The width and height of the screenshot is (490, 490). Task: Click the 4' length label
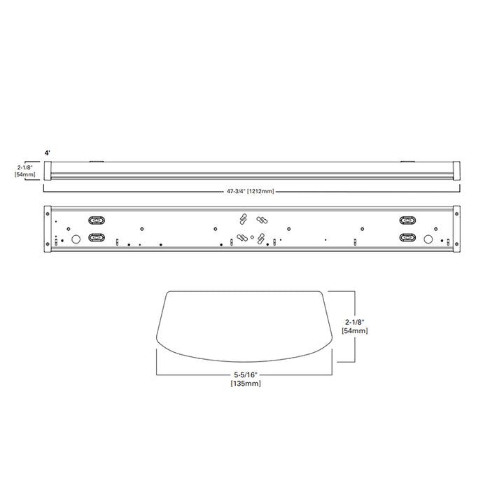48,152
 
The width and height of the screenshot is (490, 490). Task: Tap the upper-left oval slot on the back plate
97,219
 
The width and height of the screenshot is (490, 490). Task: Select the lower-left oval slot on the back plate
97,237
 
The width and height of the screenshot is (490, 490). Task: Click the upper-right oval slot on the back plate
407,219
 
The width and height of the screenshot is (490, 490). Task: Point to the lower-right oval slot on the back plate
407,237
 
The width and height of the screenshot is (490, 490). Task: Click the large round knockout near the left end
76,238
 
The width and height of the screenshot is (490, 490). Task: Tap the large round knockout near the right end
428,238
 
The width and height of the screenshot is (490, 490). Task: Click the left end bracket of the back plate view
48,230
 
